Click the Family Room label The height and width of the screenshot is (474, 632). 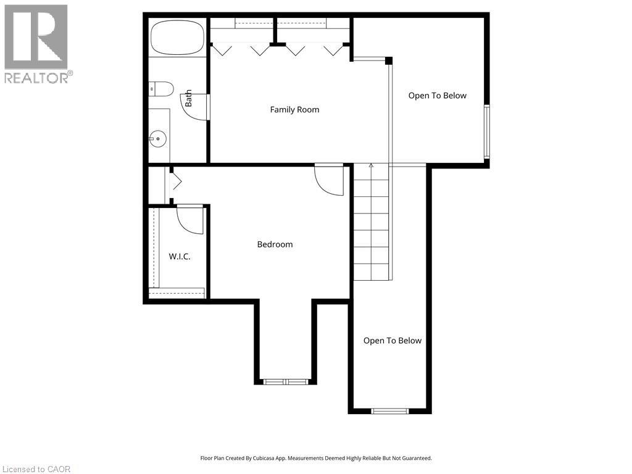pyautogui.click(x=294, y=110)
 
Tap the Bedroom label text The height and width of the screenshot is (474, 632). pyautogui.click(x=275, y=244)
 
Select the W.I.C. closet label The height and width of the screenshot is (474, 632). pyautogui.click(x=179, y=256)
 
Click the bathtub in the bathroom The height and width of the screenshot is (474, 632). pyautogui.click(x=177, y=37)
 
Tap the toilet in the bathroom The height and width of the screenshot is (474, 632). pyautogui.click(x=162, y=89)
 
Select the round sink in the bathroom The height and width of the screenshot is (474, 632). pyautogui.click(x=159, y=139)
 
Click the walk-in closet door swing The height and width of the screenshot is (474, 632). pyautogui.click(x=190, y=220)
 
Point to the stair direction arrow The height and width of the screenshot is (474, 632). pyautogui.click(x=371, y=166)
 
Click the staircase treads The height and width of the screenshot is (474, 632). pyautogui.click(x=372, y=222)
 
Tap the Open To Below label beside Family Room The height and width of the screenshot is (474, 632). pyautogui.click(x=437, y=96)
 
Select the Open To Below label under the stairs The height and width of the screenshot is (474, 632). pyautogui.click(x=392, y=341)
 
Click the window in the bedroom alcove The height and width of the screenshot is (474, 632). pyautogui.click(x=286, y=381)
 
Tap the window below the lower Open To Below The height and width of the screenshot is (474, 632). pyautogui.click(x=389, y=410)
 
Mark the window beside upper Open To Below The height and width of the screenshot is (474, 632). pyautogui.click(x=486, y=131)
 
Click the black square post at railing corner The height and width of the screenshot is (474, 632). pyautogui.click(x=389, y=60)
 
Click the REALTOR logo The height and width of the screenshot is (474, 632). pyautogui.click(x=37, y=43)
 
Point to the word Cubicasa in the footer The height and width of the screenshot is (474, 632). pyautogui.click(x=261, y=458)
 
